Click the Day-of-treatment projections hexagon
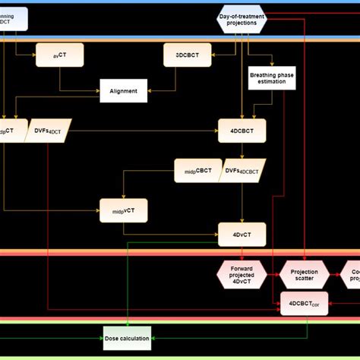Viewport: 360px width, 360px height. pos(242,20)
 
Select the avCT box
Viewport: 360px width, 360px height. pos(59,54)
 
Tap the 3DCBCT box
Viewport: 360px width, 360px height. pos(187,54)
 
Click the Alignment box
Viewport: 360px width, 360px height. pos(122,91)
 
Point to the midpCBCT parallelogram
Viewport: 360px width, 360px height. pos(197,170)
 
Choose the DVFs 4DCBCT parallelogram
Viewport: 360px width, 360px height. pos(244,170)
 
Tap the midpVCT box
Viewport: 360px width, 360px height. pos(123,210)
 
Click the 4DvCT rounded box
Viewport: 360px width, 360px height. pos(241,234)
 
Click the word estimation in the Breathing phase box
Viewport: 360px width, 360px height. pos(272,84)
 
